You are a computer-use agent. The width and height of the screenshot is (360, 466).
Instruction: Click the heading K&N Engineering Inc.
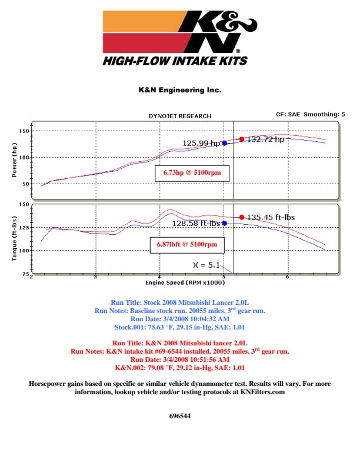[179, 91]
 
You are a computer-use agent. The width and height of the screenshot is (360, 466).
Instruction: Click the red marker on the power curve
[242, 139]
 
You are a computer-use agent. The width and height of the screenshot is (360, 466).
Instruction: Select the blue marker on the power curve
[224, 143]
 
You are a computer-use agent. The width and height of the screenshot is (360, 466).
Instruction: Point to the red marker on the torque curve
[242, 217]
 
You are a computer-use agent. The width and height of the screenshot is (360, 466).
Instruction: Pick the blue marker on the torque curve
[224, 223]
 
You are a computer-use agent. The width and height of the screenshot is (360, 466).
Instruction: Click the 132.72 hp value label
[266, 139]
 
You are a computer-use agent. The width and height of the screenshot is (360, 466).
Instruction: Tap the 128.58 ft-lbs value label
[196, 223]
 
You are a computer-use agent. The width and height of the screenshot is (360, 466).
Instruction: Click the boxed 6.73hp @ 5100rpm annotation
[192, 173]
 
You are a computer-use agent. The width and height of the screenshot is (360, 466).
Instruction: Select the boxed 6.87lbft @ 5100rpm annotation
[187, 244]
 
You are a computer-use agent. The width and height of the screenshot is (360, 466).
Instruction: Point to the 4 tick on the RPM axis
[159, 277]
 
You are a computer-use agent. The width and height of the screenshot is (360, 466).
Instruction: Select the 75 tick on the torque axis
[25, 274]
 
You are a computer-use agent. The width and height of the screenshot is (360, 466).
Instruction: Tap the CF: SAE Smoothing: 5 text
[308, 114]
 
